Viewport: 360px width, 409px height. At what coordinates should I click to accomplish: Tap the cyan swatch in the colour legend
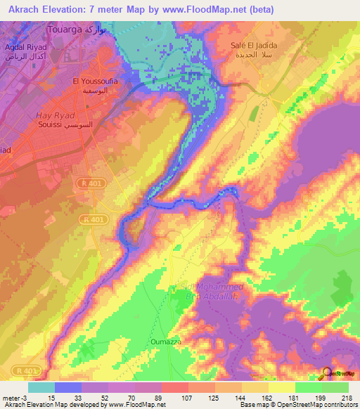[x=41, y=387]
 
